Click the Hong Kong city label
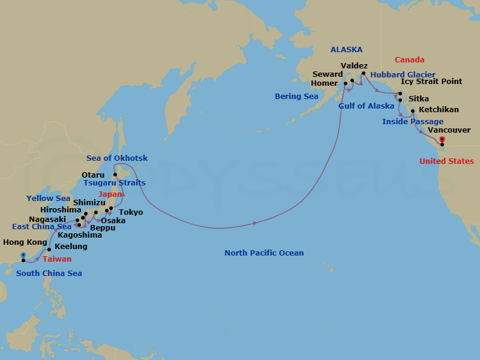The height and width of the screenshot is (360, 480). tap(25, 242)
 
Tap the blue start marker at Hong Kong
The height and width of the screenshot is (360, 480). tap(23, 255)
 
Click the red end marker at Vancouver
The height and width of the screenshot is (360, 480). tap(442, 140)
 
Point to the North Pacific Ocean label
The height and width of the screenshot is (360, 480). tap(264, 253)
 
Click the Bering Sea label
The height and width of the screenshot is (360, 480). tap(296, 97)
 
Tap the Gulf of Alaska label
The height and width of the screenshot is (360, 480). tap(366, 106)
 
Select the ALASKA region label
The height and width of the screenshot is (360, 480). tap(346, 50)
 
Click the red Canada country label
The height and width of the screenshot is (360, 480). tap(409, 60)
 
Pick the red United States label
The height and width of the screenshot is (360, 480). tap(446, 161)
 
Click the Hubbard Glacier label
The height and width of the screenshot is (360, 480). tap(403, 75)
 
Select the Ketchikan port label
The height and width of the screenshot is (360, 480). tap(439, 110)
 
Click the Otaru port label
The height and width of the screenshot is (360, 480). tap(93, 175)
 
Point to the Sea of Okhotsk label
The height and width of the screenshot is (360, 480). tap(117, 158)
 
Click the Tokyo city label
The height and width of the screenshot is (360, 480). tap(131, 212)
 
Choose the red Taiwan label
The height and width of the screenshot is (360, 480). tap(57, 259)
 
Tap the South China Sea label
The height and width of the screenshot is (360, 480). tap(49, 274)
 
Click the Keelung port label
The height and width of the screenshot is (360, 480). tap(71, 247)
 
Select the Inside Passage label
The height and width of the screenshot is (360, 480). tap(413, 122)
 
